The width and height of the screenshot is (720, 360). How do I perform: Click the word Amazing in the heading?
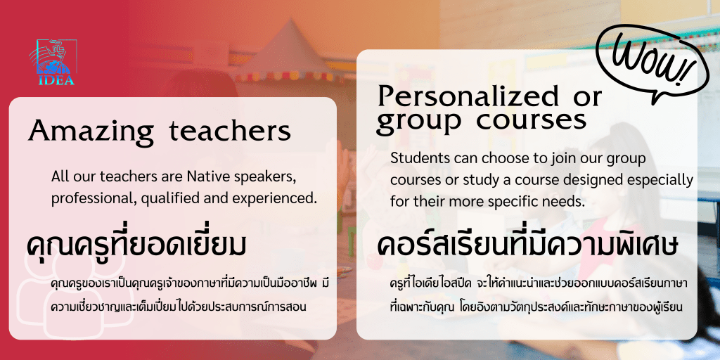(x=91, y=131)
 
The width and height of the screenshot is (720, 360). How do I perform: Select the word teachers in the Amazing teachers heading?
(x=230, y=131)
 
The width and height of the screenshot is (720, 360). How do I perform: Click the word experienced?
(x=280, y=199)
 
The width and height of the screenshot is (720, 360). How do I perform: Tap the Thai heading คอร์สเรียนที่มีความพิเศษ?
(x=528, y=246)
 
